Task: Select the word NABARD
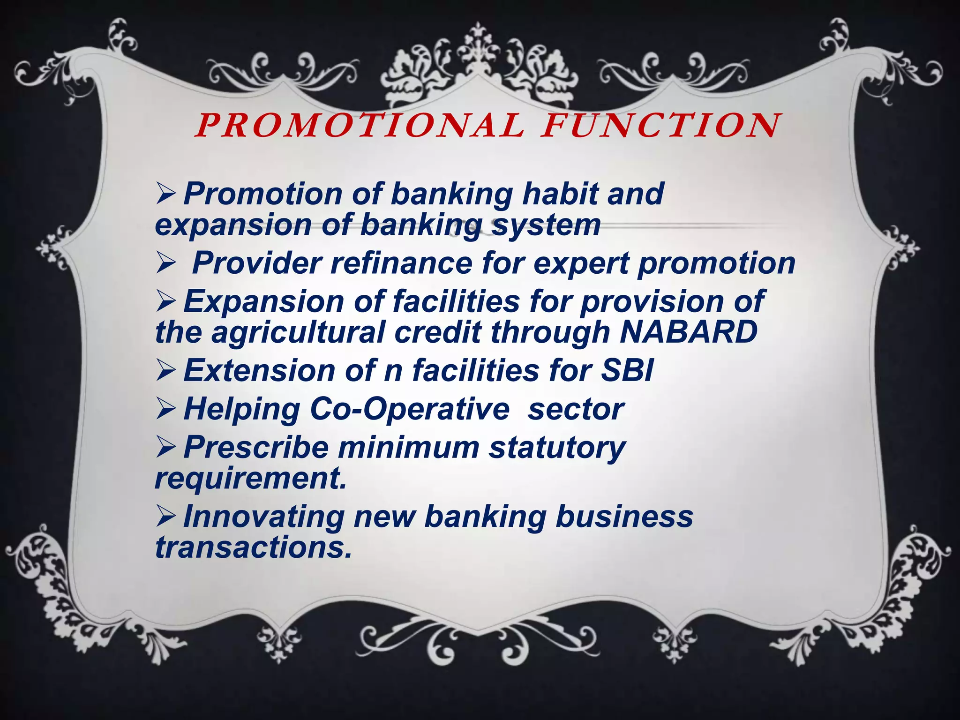click(688, 332)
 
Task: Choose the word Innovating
click(264, 517)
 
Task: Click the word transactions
click(253, 547)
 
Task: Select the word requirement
click(251, 479)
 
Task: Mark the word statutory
click(557, 448)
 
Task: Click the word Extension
click(259, 370)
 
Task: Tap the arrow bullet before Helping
click(165, 409)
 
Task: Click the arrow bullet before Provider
click(165, 263)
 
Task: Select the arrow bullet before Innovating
click(165, 517)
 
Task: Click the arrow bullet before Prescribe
click(165, 448)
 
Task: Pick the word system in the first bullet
click(546, 226)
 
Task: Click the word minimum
click(408, 447)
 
